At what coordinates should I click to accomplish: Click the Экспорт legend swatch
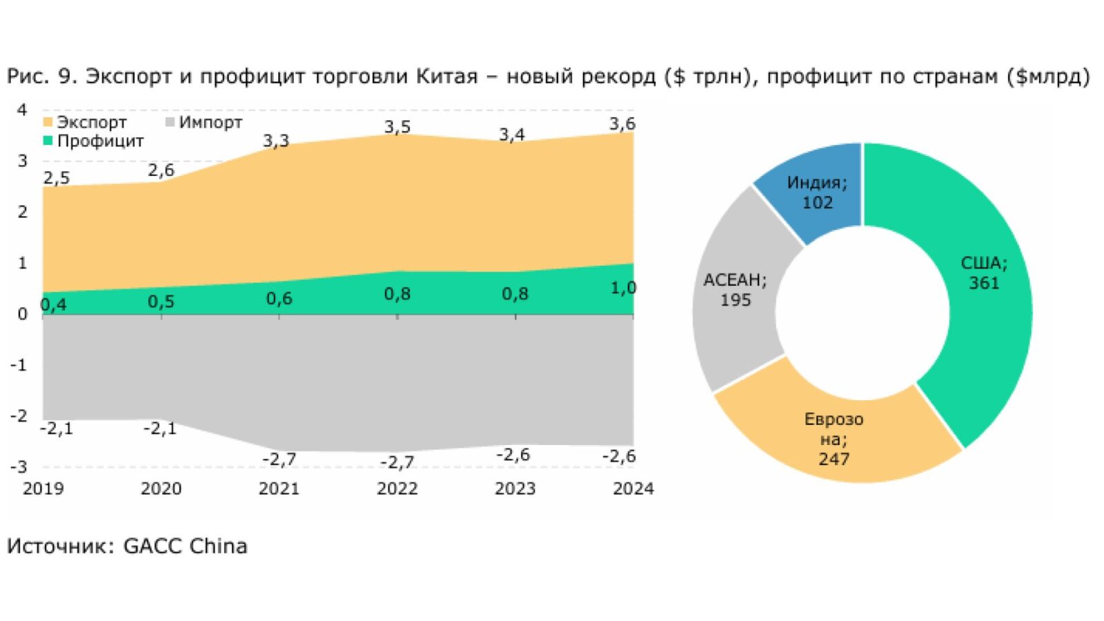pos(48,122)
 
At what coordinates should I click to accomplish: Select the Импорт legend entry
pos(204,122)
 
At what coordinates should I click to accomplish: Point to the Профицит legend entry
pos(94,141)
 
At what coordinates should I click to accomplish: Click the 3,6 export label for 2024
pos(622,124)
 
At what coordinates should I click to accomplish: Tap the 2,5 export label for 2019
pos(57,178)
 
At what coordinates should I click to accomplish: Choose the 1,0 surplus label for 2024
pos(624,288)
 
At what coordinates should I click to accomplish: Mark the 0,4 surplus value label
pos(53,305)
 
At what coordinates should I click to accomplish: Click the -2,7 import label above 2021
pos(279,460)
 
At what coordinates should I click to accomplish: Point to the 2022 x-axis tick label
pos(397,489)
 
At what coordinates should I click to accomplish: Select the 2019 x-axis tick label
pos(43,489)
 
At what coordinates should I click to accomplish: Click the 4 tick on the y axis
pos(22,110)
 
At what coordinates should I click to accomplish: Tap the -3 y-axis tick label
pos(19,466)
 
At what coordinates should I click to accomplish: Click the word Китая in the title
pos(447,77)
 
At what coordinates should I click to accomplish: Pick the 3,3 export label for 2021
pos(276,141)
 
